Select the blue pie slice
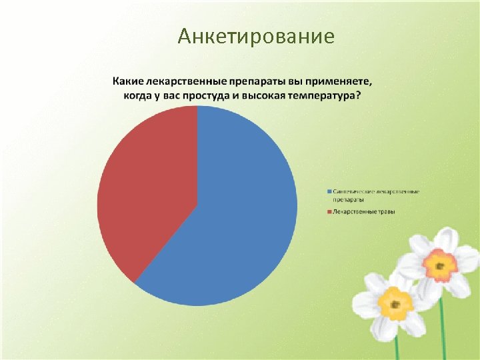point(233,220)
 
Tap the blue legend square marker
point(329,192)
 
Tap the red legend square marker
point(329,212)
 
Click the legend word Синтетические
point(353,192)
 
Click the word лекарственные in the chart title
point(185,81)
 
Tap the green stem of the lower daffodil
point(397,347)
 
